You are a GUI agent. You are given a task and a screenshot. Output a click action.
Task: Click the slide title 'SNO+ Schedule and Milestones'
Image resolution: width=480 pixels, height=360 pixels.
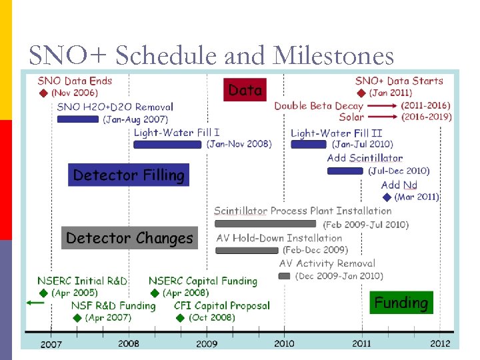click(211, 55)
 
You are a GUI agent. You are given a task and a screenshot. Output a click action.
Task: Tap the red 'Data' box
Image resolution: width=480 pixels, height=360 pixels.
click(245, 89)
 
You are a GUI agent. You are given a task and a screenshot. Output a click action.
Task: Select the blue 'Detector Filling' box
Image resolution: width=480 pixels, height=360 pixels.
click(128, 175)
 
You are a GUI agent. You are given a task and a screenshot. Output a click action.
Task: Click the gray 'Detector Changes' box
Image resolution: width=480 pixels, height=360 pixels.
click(129, 238)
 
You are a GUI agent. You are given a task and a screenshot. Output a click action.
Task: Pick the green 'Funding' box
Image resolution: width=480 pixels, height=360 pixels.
click(401, 303)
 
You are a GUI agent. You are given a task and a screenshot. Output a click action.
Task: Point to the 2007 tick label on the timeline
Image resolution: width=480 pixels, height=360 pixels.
click(51, 344)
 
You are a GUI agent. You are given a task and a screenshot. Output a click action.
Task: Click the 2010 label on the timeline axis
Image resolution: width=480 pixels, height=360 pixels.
click(284, 344)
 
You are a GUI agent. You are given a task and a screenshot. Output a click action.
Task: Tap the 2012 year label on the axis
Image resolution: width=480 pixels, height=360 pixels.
click(439, 344)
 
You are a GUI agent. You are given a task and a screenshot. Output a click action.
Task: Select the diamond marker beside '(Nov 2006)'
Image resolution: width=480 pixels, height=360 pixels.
click(43, 93)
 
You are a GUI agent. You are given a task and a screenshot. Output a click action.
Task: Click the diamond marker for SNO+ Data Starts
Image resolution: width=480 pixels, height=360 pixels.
click(361, 93)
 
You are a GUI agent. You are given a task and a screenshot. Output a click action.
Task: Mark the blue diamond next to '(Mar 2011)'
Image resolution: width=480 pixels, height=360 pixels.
click(387, 197)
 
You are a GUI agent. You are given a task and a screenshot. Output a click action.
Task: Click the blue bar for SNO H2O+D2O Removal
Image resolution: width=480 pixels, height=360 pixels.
click(77, 119)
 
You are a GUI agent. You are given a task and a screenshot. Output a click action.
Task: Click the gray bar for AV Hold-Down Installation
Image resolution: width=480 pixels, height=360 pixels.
click(247, 251)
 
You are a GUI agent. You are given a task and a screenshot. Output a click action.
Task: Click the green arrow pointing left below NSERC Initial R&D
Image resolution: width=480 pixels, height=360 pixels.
click(35, 303)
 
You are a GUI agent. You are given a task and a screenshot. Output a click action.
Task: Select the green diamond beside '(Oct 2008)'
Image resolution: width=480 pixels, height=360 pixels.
click(179, 318)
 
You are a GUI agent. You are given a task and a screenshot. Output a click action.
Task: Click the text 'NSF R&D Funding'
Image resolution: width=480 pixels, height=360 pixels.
click(113, 306)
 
